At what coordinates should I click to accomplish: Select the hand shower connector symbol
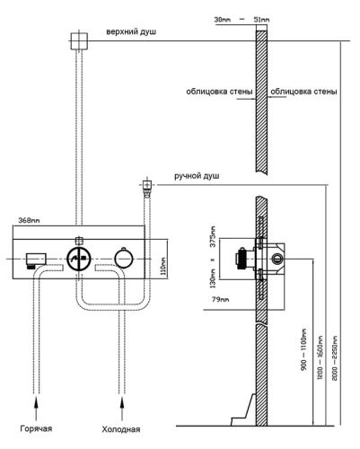[x=145, y=188]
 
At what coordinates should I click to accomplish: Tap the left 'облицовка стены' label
[x=217, y=92]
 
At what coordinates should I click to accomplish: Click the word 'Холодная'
[x=121, y=428]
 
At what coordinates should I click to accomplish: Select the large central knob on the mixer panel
[x=80, y=258]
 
